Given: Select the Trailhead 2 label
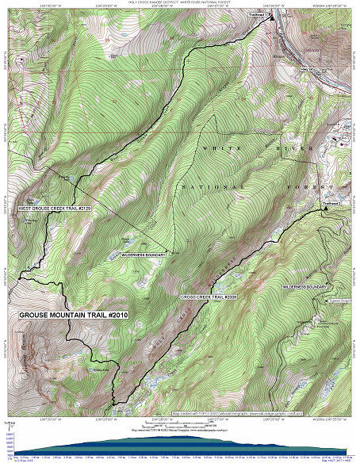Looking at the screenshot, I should (x=331, y=204).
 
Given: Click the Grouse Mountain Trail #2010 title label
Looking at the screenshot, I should (x=73, y=315).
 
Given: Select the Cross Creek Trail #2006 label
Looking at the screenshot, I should (x=209, y=297).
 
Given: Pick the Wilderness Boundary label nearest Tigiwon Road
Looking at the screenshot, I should (x=304, y=285).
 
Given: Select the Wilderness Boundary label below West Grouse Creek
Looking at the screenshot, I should (x=143, y=255).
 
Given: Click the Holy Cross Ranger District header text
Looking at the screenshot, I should (x=179, y=2).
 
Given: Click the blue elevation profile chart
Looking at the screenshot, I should (x=179, y=445).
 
